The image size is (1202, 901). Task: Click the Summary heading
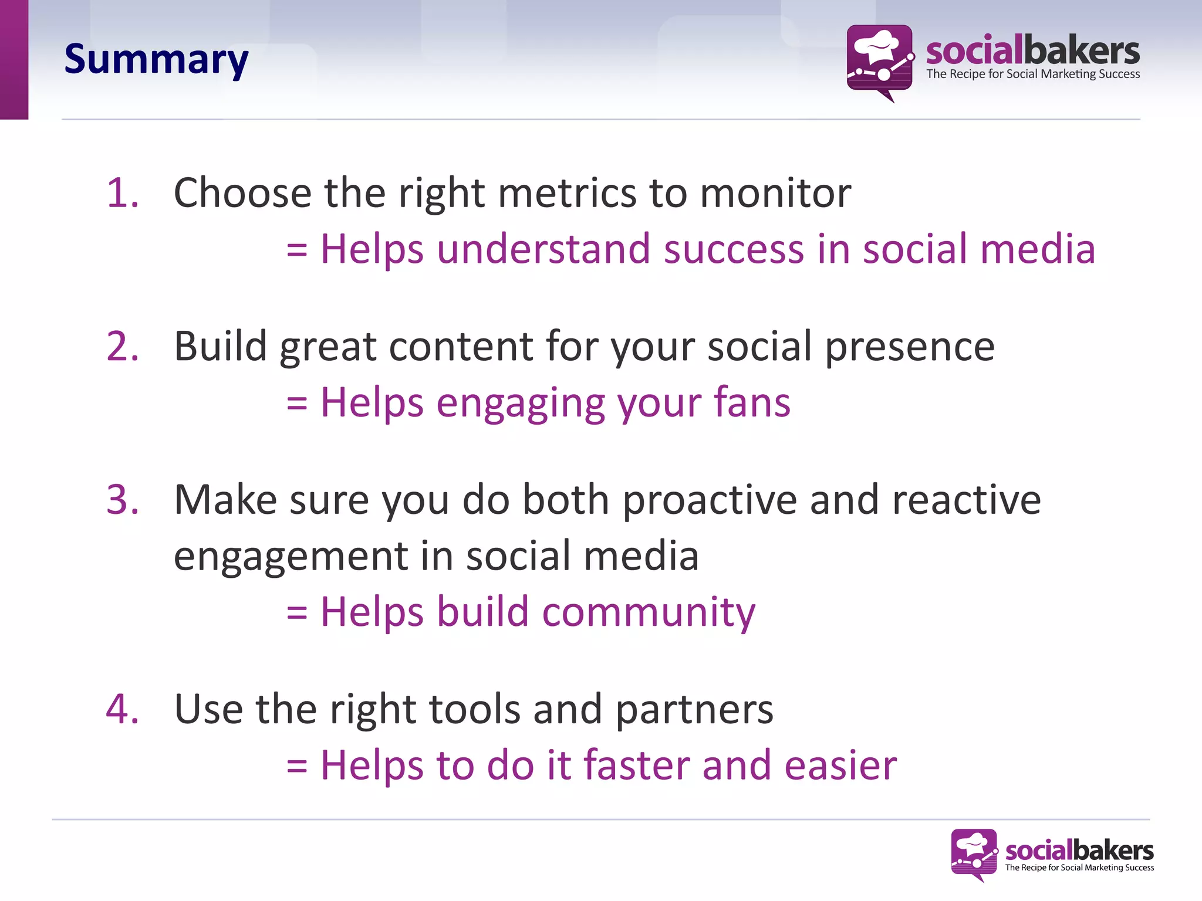pos(156,60)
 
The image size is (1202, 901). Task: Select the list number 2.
pos(122,346)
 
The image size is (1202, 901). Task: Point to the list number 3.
pos(122,500)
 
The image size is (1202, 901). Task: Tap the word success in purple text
pos(733,249)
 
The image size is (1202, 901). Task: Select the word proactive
pos(709,500)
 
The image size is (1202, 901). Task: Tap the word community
pos(649,612)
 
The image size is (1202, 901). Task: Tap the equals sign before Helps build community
pos(297,612)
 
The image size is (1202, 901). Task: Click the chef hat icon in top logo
pos(876,47)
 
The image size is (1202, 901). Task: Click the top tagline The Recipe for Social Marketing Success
pos(1033,74)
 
